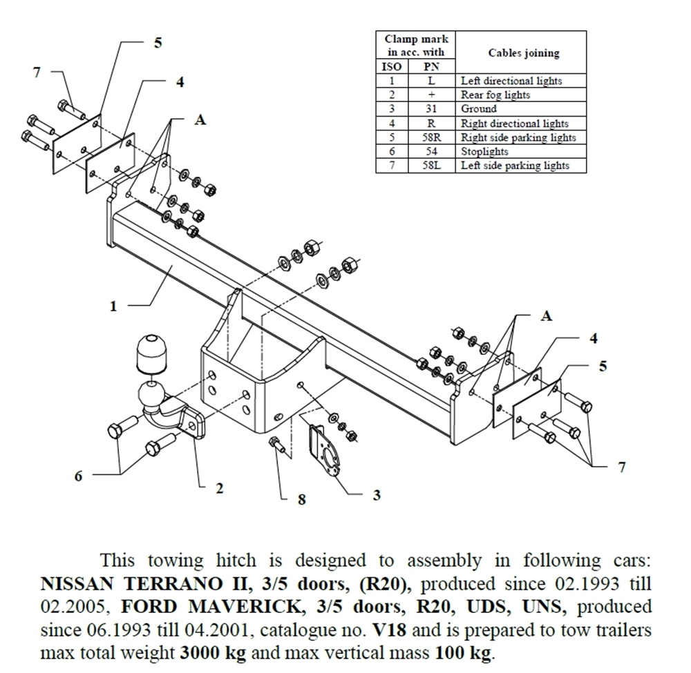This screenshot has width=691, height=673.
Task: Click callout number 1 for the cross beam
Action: pos(113,306)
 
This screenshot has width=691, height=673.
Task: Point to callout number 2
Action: pos(219,489)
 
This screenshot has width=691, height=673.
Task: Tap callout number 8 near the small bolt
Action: pos(301,498)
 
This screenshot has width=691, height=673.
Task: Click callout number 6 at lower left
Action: pos(78,476)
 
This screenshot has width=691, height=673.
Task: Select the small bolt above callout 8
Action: pos(278,447)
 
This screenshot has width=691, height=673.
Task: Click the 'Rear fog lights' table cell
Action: pos(495,95)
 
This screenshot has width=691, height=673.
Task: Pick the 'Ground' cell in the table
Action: pos(479,109)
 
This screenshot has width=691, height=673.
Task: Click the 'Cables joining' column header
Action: pos(523,52)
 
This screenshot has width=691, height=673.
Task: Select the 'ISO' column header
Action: pos(391,67)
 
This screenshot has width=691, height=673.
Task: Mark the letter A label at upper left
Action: pos(200,119)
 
